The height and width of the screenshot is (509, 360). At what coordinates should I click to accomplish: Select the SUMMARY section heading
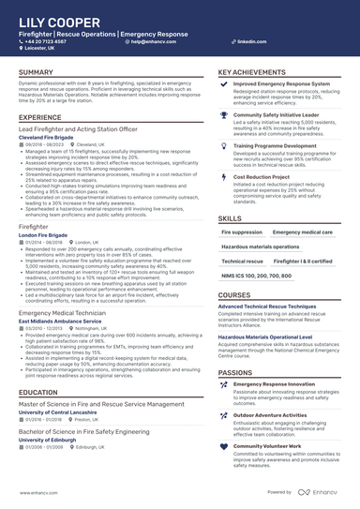[36, 72]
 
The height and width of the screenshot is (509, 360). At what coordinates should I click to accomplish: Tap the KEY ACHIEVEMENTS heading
[252, 72]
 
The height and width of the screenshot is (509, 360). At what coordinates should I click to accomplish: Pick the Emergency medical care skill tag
[303, 232]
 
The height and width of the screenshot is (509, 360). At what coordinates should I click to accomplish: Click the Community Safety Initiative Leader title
[286, 113]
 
